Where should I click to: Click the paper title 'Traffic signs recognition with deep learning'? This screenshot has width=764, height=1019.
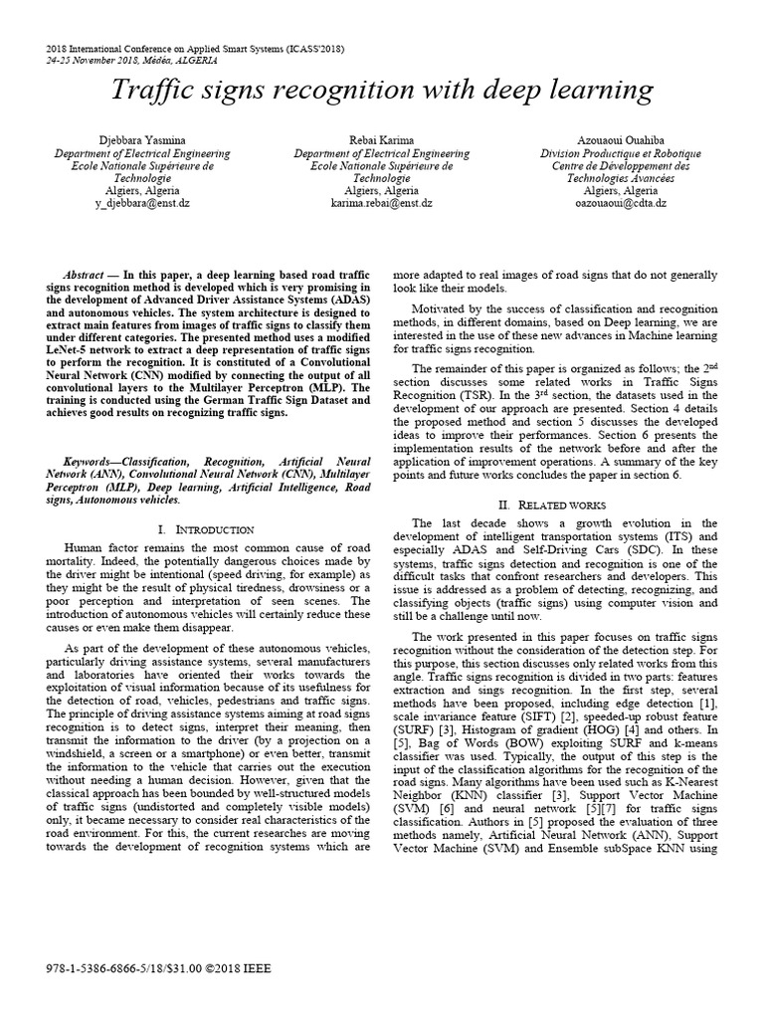click(x=382, y=92)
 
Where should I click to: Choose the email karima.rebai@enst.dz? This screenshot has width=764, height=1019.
click(x=382, y=202)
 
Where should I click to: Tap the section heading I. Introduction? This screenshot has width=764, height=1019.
click(x=207, y=529)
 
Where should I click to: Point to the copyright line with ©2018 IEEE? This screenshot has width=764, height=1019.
click(x=158, y=967)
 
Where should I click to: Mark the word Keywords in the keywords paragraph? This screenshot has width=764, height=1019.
click(x=92, y=463)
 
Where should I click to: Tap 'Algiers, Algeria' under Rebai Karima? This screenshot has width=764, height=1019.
click(x=382, y=190)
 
